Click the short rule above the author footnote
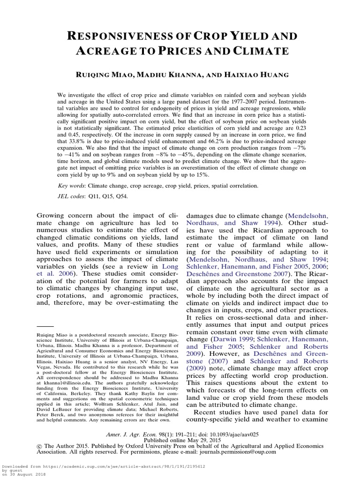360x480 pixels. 45,325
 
